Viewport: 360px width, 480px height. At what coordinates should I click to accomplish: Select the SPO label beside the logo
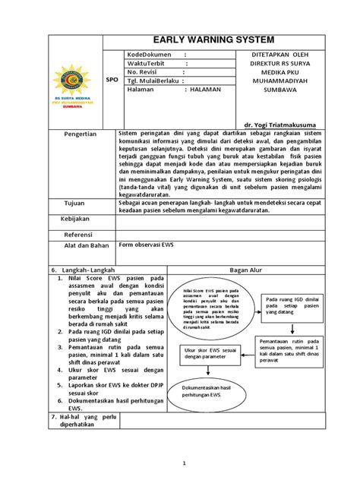(111, 87)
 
